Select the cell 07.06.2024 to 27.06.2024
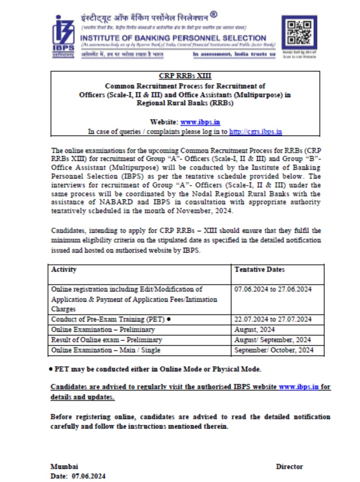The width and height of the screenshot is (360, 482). pos(273,289)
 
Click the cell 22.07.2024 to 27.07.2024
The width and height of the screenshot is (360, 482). pos(273,320)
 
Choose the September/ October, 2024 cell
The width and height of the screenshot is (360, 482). pos(274,350)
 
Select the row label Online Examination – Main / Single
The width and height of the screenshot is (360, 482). pos(106,350)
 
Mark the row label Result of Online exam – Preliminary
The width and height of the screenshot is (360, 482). pos(106,340)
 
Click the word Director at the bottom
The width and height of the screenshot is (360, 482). pos(290,466)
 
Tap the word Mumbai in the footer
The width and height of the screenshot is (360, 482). pos(64,466)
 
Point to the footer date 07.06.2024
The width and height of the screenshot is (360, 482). pos(88,476)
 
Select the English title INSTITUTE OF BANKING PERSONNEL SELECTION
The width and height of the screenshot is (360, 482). pos(173,38)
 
